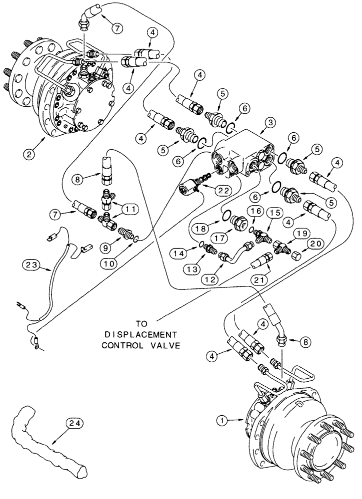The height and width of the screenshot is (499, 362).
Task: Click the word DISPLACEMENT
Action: click(x=139, y=333)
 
